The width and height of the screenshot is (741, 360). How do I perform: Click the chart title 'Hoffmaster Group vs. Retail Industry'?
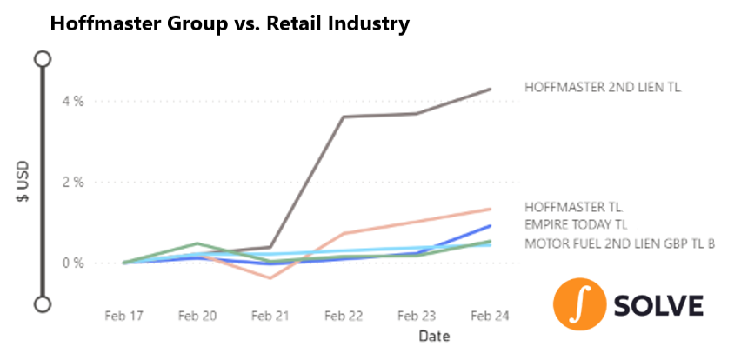(x=229, y=24)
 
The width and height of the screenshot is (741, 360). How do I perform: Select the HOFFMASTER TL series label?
(x=573, y=207)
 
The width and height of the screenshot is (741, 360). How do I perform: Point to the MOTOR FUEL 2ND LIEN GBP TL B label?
(x=619, y=243)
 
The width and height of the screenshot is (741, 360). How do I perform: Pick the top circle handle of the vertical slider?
(x=42, y=59)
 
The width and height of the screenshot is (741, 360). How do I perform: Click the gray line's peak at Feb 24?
(x=491, y=90)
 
